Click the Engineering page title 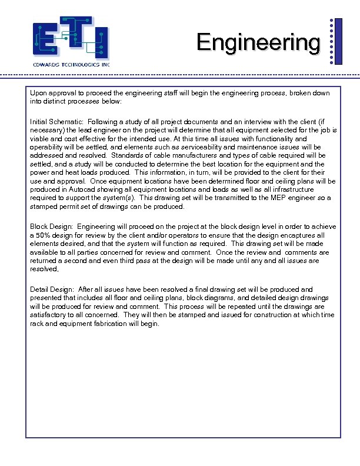(x=259, y=43)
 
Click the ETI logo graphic (x=71, y=38)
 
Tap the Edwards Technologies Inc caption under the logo (x=71, y=64)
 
